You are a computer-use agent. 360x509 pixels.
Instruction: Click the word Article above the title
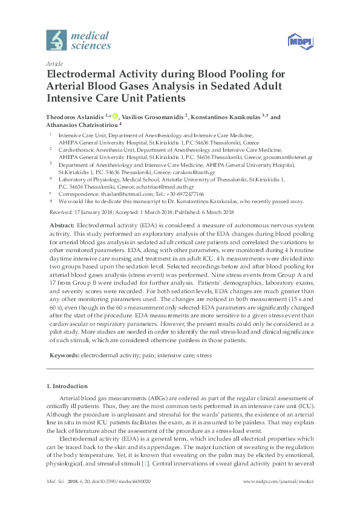pyautogui.click(x=54, y=63)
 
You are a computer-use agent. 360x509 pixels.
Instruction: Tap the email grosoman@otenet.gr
pyautogui.click(x=290, y=157)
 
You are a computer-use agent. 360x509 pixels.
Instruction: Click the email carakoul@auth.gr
pyautogui.click(x=166, y=171)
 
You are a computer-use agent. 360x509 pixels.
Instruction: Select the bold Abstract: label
pyautogui.click(x=62, y=224)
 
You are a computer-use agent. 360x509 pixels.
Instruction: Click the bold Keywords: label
pyautogui.click(x=64, y=356)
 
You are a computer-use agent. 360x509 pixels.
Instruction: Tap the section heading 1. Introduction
pyautogui.click(x=67, y=386)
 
